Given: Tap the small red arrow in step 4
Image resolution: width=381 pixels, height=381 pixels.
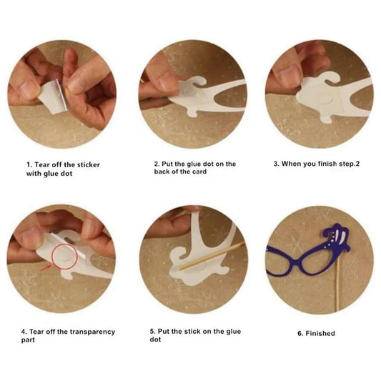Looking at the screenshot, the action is [x=46, y=268].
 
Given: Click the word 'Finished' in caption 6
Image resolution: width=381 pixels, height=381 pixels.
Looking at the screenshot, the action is [x=320, y=333].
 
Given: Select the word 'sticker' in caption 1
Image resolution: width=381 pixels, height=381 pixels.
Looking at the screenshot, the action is [x=89, y=164].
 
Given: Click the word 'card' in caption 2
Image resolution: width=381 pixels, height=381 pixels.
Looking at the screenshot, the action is [x=199, y=172].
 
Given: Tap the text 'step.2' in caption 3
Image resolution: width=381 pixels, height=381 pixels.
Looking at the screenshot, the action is [x=349, y=164].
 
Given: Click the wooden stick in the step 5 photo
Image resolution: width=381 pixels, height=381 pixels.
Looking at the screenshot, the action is [x=212, y=256].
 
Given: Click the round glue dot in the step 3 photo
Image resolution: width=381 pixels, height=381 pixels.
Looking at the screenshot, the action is [x=325, y=99].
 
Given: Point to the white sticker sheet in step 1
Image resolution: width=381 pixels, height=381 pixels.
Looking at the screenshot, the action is [x=54, y=97].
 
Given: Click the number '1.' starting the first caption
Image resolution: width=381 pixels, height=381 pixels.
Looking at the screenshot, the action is [x=29, y=164].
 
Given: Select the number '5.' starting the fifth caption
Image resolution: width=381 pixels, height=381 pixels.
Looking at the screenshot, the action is [x=152, y=332].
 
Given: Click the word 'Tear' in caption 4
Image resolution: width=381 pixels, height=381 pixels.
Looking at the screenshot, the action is [x=36, y=332].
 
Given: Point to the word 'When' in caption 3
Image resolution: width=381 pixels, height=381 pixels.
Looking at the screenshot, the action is [x=290, y=164].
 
